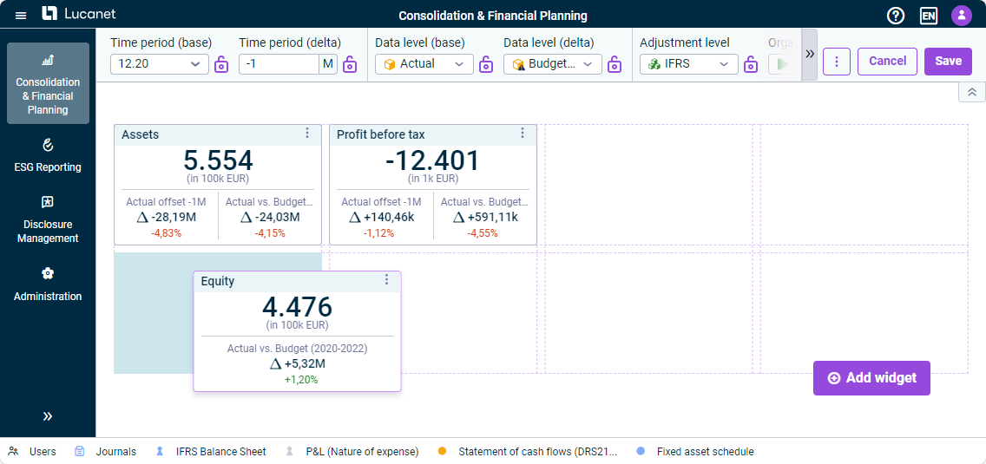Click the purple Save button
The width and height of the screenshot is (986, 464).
point(948,61)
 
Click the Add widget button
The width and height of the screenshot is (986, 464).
point(871,378)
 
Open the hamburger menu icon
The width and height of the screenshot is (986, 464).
point(21,15)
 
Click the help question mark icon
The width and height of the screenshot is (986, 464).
point(896,16)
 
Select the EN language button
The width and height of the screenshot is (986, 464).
point(928,16)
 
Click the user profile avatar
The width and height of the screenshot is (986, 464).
point(962,15)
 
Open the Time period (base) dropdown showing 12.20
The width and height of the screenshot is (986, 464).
point(160,64)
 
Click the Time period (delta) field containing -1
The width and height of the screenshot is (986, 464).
point(279,64)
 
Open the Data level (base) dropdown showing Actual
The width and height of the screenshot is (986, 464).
point(424,64)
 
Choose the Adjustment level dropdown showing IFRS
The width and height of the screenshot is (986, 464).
point(689,64)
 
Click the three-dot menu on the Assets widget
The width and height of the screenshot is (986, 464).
point(307,133)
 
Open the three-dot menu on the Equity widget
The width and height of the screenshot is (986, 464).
point(387,280)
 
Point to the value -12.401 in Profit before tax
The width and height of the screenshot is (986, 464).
point(432,161)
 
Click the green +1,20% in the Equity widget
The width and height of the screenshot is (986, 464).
point(298,380)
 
